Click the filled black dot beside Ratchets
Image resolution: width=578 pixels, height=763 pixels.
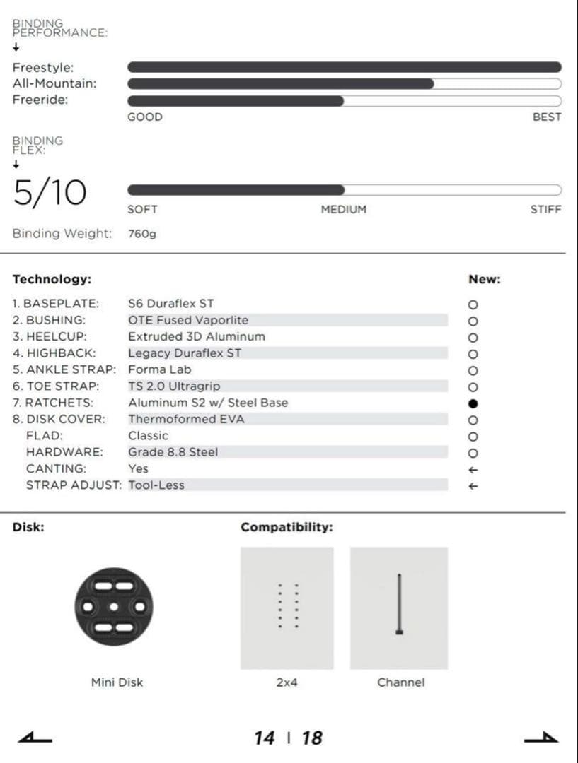pos(473,403)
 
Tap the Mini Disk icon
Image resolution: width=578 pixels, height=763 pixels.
pos(114,607)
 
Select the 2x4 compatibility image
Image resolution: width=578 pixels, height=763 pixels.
pos(287,608)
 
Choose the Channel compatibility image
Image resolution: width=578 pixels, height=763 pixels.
pos(399,608)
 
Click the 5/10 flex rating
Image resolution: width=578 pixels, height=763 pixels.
pos(50,193)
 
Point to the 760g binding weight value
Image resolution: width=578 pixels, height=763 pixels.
pos(142,234)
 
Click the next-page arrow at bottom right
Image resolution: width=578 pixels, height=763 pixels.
pos(541,738)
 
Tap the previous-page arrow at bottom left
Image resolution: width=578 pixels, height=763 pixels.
pos(35,738)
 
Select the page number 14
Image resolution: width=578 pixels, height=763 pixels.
pos(264,738)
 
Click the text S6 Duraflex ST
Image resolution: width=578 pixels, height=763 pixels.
pos(170,304)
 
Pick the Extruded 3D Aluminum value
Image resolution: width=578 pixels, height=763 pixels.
pos(197,336)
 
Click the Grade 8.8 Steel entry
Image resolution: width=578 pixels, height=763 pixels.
pos(173,452)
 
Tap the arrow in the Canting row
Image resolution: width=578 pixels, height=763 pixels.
pos(473,470)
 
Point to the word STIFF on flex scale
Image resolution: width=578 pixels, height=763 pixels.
pos(545,210)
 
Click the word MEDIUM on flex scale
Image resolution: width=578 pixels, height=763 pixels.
pos(344,210)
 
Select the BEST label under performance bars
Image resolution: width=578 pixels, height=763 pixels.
pos(547,117)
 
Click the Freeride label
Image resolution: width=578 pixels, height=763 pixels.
pos(40,100)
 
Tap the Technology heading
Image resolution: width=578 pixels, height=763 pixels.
pos(52,279)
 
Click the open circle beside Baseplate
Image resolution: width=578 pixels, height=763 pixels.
pos(473,305)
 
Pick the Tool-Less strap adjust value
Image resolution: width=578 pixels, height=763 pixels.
pos(156,485)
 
